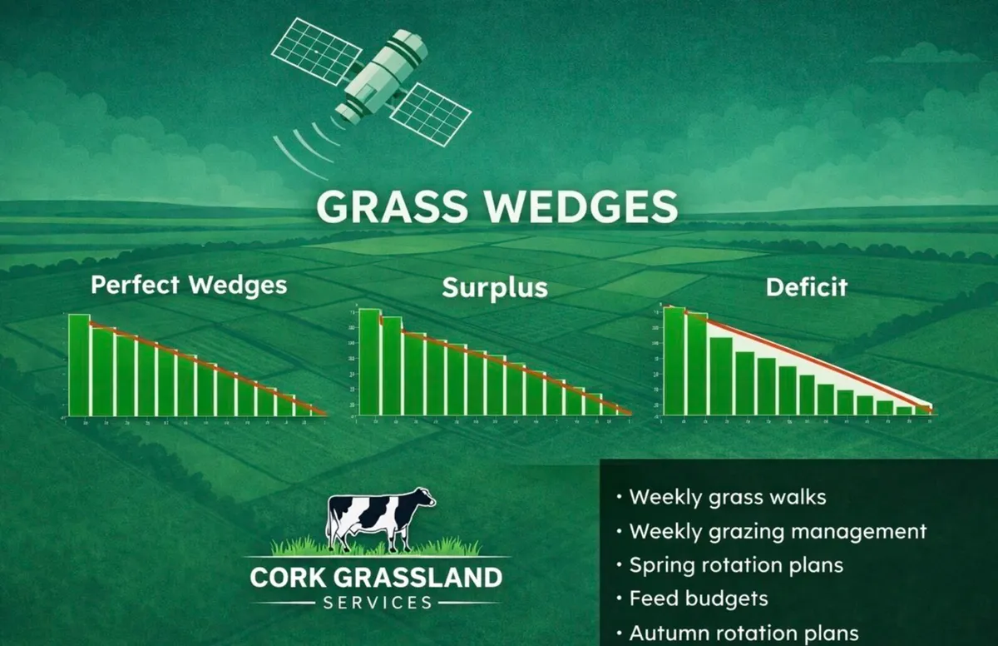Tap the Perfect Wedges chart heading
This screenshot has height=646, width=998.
pyautogui.click(x=189, y=286)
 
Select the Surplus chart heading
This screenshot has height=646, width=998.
pyautogui.click(x=495, y=288)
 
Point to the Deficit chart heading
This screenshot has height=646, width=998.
pyautogui.click(x=806, y=287)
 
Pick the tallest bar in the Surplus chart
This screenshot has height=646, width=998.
pyautogui.click(x=369, y=361)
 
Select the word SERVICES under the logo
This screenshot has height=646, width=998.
pyautogui.click(x=377, y=602)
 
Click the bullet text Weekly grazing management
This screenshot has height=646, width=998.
pyautogui.click(x=778, y=531)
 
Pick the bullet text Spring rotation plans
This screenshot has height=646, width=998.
pyautogui.click(x=736, y=564)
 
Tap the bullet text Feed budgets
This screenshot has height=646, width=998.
pyautogui.click(x=699, y=598)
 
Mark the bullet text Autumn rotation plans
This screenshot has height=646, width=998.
pyautogui.click(x=744, y=632)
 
